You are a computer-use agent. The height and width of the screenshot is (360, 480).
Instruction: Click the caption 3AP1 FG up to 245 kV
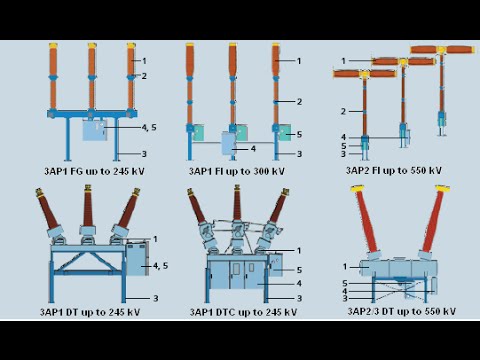(94, 171)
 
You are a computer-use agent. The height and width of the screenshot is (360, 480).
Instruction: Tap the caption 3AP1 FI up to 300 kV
(237, 171)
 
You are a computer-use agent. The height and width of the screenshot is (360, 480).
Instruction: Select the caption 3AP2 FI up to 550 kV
(394, 171)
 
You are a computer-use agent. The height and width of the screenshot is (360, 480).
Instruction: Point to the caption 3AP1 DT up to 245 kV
(90, 312)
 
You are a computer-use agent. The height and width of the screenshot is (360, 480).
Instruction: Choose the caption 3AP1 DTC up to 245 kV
(243, 312)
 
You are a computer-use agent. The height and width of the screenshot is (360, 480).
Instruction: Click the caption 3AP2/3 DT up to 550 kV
(402, 311)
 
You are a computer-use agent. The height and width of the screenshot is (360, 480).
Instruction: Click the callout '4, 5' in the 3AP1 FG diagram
(149, 127)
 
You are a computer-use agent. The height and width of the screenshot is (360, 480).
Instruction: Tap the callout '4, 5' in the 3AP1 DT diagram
(161, 266)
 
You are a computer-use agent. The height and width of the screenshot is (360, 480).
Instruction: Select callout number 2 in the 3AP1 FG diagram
(144, 76)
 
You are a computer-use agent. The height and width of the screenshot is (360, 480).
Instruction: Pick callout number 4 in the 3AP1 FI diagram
(253, 149)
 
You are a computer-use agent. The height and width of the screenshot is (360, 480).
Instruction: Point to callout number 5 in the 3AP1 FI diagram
(299, 134)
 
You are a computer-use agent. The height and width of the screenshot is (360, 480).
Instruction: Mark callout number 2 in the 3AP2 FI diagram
(343, 111)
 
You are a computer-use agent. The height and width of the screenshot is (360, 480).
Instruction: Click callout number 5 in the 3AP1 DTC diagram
(299, 270)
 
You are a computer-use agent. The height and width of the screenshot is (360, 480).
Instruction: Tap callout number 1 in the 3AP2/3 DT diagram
(345, 267)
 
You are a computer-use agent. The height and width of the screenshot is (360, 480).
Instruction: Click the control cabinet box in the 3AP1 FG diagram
(95, 130)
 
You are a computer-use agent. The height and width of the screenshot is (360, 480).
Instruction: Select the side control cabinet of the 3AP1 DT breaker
(137, 259)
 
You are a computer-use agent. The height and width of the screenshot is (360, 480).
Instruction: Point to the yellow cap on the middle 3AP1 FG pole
(92, 46)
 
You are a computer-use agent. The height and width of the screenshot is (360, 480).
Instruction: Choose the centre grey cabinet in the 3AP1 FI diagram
(229, 143)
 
